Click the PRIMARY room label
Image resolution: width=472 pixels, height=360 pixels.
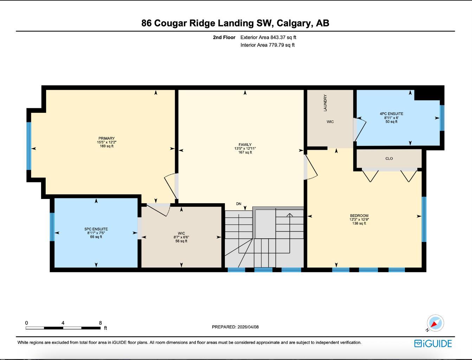coord(106,139)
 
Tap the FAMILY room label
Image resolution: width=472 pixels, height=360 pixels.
coord(245,144)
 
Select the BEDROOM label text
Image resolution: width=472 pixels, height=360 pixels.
coord(359,216)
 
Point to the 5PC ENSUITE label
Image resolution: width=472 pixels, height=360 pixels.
coord(96,229)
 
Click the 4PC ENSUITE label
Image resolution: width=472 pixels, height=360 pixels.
coord(391,114)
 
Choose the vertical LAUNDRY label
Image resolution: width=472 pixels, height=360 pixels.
coord(325,103)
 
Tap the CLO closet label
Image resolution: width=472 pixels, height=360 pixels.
coord(389,159)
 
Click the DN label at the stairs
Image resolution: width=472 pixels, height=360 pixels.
coord(239,204)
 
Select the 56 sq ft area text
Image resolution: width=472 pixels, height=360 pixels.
coord(181,241)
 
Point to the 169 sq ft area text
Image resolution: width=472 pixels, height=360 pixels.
coord(106,146)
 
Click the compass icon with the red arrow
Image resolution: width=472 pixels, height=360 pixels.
coord(435,323)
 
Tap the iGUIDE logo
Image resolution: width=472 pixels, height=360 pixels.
coord(433,343)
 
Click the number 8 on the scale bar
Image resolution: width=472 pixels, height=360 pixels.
coord(101,323)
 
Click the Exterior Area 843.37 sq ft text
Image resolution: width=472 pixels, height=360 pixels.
coord(268,37)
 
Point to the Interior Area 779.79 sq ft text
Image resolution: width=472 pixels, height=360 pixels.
coord(267,45)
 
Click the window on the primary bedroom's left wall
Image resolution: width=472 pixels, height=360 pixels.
coord(29,146)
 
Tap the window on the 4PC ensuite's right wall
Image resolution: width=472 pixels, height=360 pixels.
coord(442,118)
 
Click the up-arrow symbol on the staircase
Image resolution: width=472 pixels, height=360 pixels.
coord(290,215)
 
